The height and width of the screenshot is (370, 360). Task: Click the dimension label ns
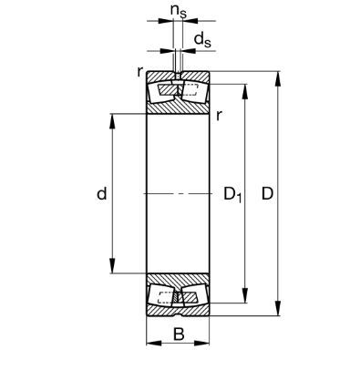(x=179, y=11)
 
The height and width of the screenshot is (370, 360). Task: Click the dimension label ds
(x=202, y=39)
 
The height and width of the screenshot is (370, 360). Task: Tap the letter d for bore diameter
(x=102, y=193)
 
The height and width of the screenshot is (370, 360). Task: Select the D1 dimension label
(x=232, y=195)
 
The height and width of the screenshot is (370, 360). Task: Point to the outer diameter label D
(x=267, y=193)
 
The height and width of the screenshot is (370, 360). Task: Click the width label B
(x=179, y=334)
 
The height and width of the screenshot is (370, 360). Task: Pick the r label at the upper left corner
(x=139, y=72)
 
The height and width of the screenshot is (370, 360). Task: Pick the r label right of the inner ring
(x=219, y=116)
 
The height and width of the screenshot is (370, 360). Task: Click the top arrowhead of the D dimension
(x=278, y=79)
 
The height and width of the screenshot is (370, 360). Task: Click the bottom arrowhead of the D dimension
(x=278, y=308)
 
